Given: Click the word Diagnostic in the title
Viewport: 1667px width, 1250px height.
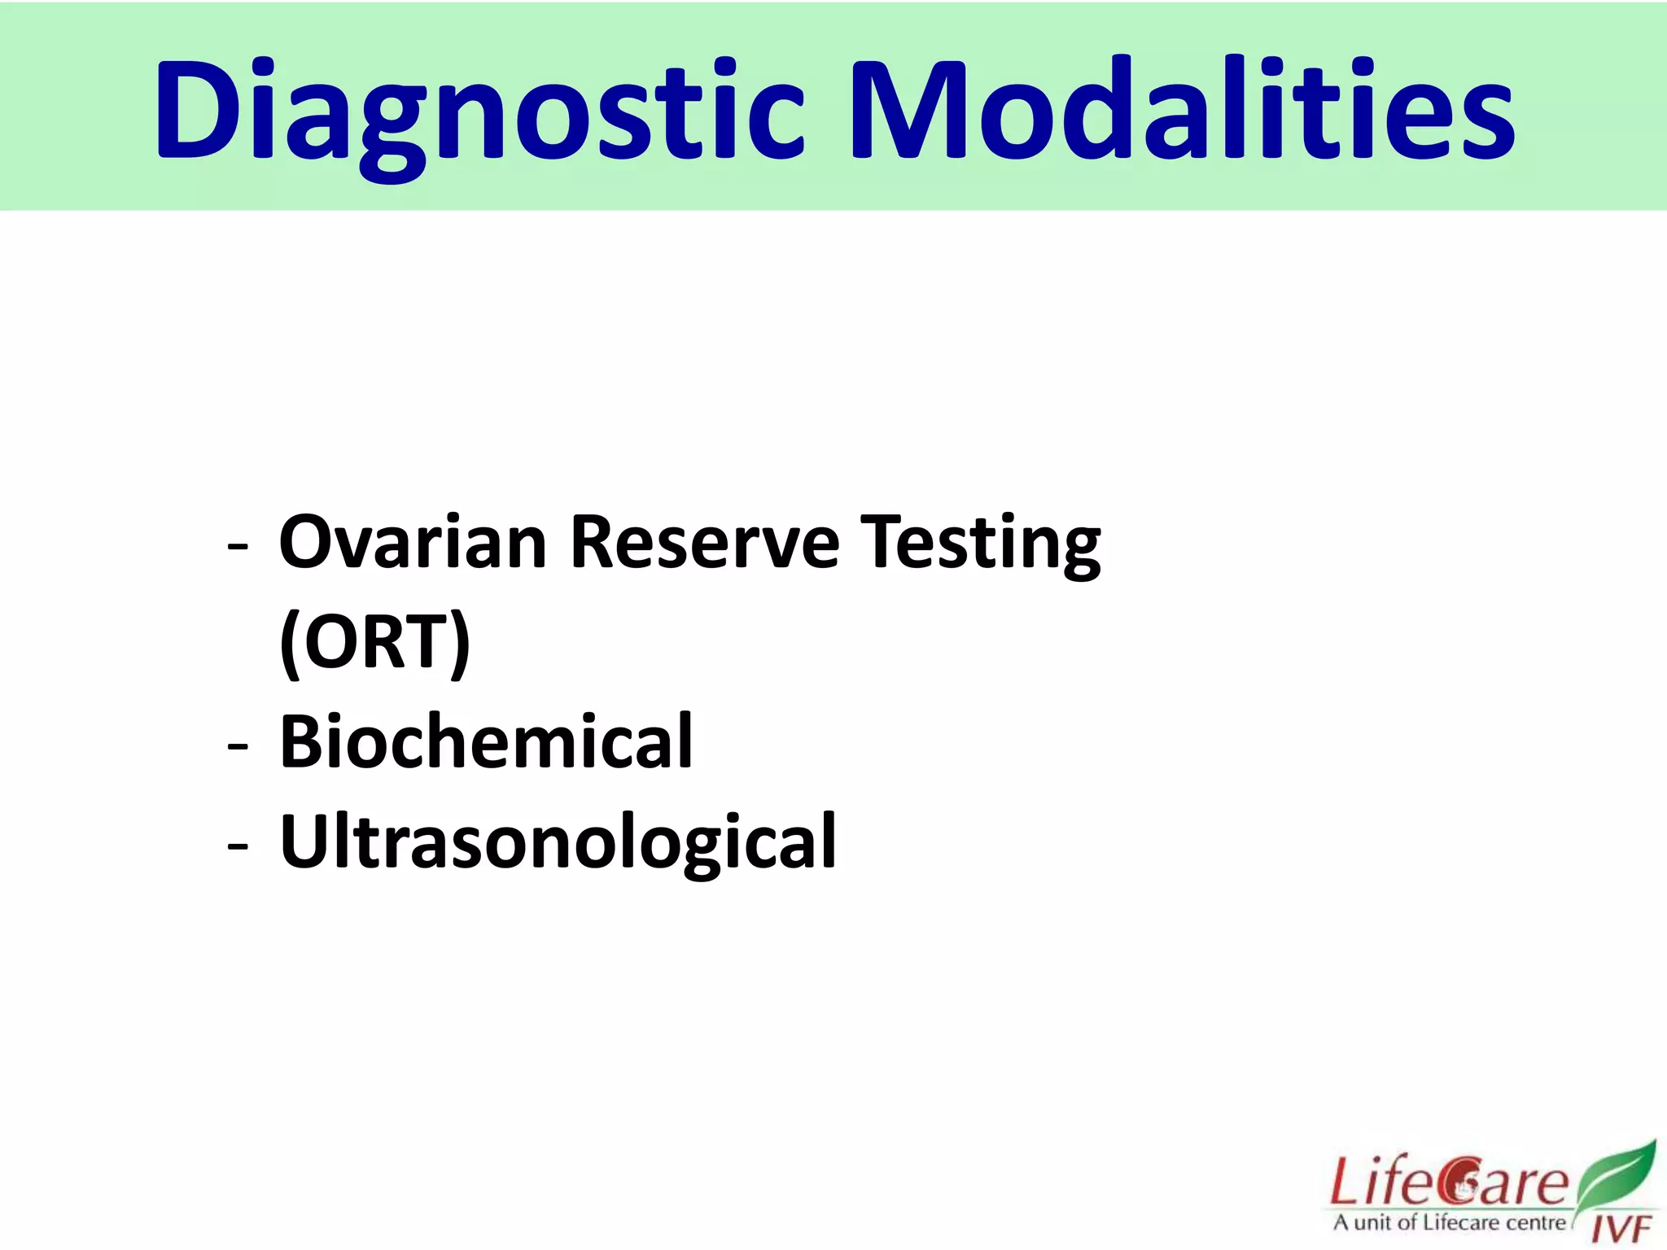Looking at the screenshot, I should [x=480, y=110].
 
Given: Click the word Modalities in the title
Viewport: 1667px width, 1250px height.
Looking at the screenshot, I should [x=1180, y=110].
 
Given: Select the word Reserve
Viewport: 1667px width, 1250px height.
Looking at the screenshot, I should [x=704, y=543].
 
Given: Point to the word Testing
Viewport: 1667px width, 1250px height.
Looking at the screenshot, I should [x=981, y=543].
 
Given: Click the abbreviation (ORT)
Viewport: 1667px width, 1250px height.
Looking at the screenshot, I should [x=375, y=643].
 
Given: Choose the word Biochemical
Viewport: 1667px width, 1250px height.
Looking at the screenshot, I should [x=486, y=741].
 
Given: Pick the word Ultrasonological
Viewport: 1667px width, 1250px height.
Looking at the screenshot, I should [x=558, y=841].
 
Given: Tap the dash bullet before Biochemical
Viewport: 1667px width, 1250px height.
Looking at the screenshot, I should [x=238, y=745].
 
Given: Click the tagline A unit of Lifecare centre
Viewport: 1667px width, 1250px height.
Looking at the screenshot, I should [x=1449, y=1222].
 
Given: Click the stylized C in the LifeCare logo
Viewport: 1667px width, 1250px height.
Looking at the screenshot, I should [x=1459, y=1182].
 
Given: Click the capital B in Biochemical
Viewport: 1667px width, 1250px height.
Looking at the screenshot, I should [x=303, y=741].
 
